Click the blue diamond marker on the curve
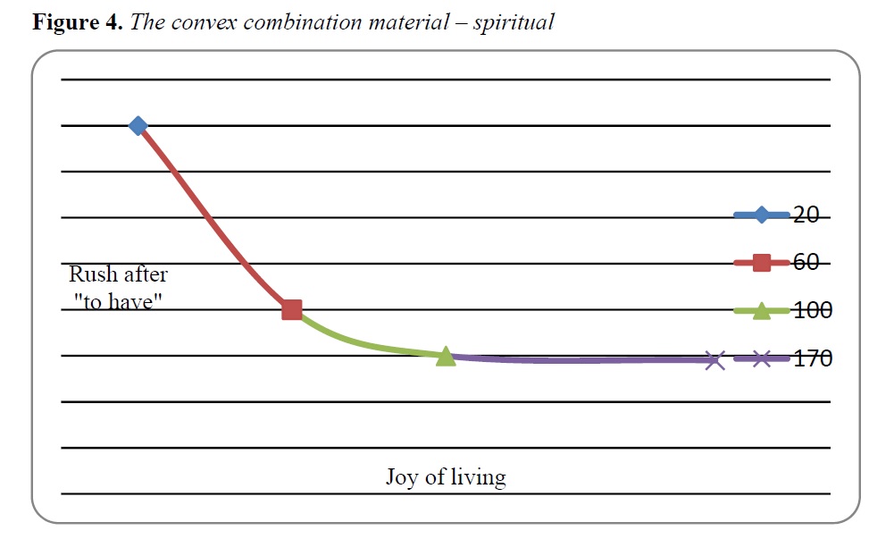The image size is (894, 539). (x=138, y=125)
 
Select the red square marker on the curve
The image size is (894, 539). (x=292, y=310)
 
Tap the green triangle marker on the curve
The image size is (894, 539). (x=446, y=356)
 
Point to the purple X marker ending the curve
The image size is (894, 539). (x=714, y=360)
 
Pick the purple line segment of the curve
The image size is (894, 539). (x=580, y=360)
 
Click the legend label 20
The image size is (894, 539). (x=806, y=215)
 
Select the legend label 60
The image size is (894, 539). (x=806, y=263)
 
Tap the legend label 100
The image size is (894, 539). (x=813, y=310)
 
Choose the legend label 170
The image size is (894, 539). (x=813, y=358)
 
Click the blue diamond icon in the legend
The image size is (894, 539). (x=762, y=215)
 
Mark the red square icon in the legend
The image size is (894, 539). (x=762, y=263)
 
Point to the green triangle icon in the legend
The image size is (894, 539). (x=762, y=311)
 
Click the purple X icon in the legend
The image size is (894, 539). (x=762, y=358)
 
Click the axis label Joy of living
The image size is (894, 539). (x=446, y=476)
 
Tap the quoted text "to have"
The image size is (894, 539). (x=118, y=301)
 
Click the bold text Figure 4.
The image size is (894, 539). (x=78, y=22)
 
